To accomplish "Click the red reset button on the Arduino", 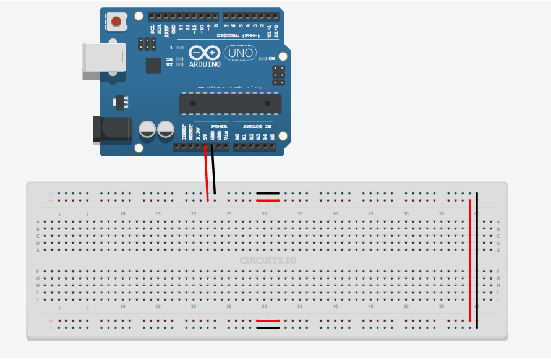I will point(116,22).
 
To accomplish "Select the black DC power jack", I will point(111,129).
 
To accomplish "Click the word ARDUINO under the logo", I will point(205,64).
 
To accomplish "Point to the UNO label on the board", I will point(239,53).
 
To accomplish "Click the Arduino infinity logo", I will point(203,53).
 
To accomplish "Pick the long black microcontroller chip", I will point(229,103).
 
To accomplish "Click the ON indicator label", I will point(271,59).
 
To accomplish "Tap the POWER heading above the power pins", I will point(219,126).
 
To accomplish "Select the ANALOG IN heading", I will point(257,126).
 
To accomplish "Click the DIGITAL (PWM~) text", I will point(236,36).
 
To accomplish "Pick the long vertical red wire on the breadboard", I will point(470,260).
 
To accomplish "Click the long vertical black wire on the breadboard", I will point(477,260).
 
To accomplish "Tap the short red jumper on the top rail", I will point(268,201).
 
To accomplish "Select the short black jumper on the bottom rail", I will point(268,328).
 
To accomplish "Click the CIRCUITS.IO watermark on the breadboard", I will point(268,260).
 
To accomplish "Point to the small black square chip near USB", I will point(153,66).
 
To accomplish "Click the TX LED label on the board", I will point(169,59).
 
